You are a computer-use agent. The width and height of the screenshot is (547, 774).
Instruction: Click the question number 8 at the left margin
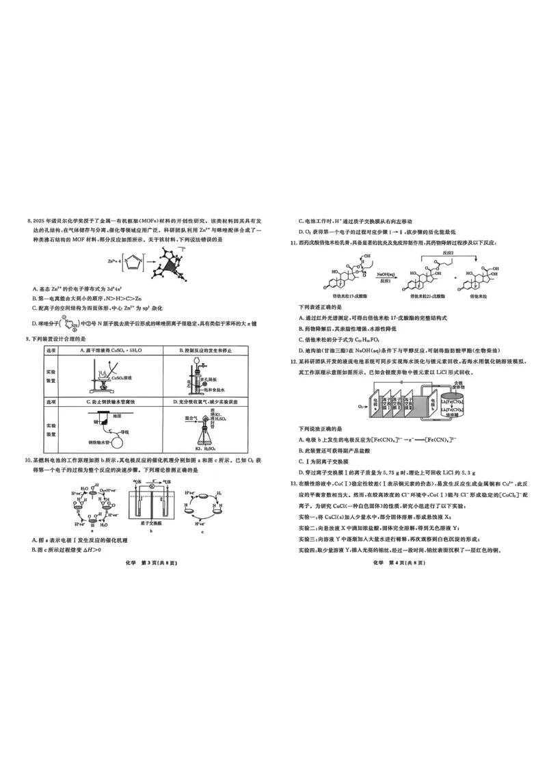coord(29,221)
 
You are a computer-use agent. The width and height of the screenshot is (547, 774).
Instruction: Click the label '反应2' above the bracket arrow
coord(447,252)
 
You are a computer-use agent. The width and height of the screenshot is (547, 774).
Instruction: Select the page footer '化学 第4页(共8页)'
coord(399,563)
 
